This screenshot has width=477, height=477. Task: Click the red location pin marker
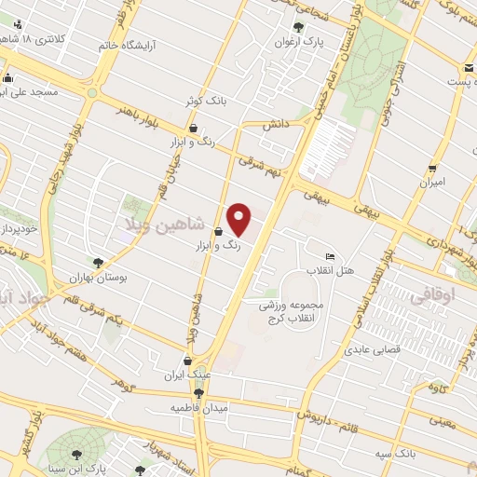(x=239, y=219)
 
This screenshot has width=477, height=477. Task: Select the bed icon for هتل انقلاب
(x=329, y=256)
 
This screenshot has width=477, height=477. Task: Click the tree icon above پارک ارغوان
(x=297, y=27)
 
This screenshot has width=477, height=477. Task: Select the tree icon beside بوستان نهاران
(x=98, y=264)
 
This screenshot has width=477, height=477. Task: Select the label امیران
(x=431, y=182)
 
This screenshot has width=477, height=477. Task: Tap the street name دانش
(x=272, y=124)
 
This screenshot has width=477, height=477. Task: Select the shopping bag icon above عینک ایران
(x=189, y=361)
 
